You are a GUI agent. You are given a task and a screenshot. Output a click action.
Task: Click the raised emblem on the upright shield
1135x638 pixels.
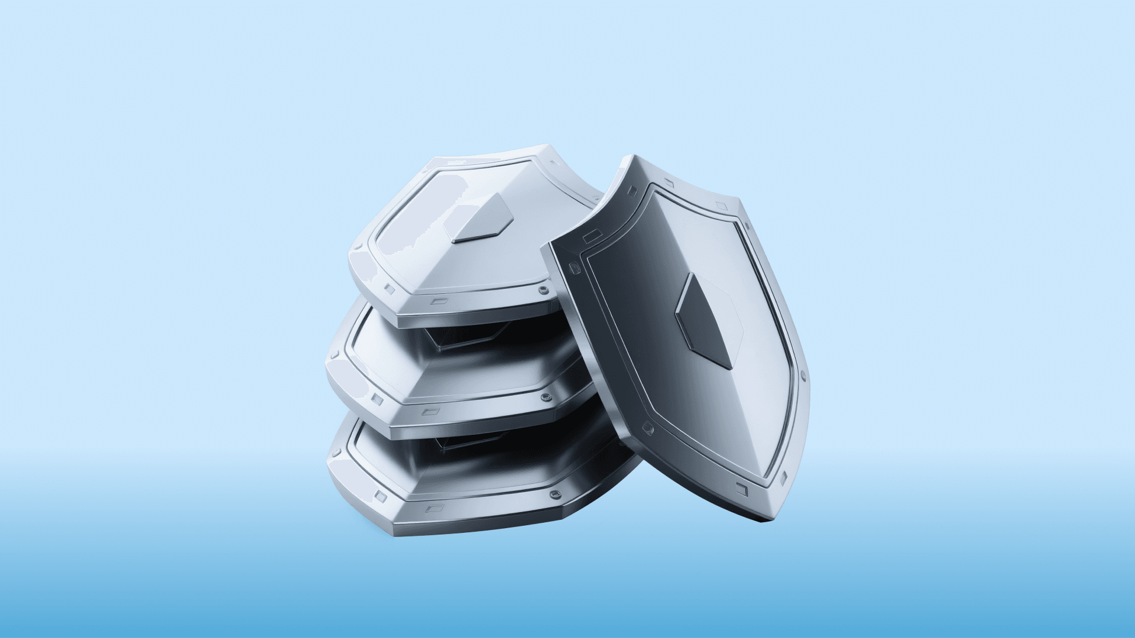(x=703, y=320)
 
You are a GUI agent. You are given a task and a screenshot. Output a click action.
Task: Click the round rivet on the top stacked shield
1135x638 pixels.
(x=541, y=291)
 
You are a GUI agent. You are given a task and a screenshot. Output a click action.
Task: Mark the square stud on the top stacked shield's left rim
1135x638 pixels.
(x=388, y=289)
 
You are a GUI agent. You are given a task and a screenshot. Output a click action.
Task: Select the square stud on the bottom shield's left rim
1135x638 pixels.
(x=378, y=493)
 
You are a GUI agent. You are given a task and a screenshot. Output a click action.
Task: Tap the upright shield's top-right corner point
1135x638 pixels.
(x=740, y=204)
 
